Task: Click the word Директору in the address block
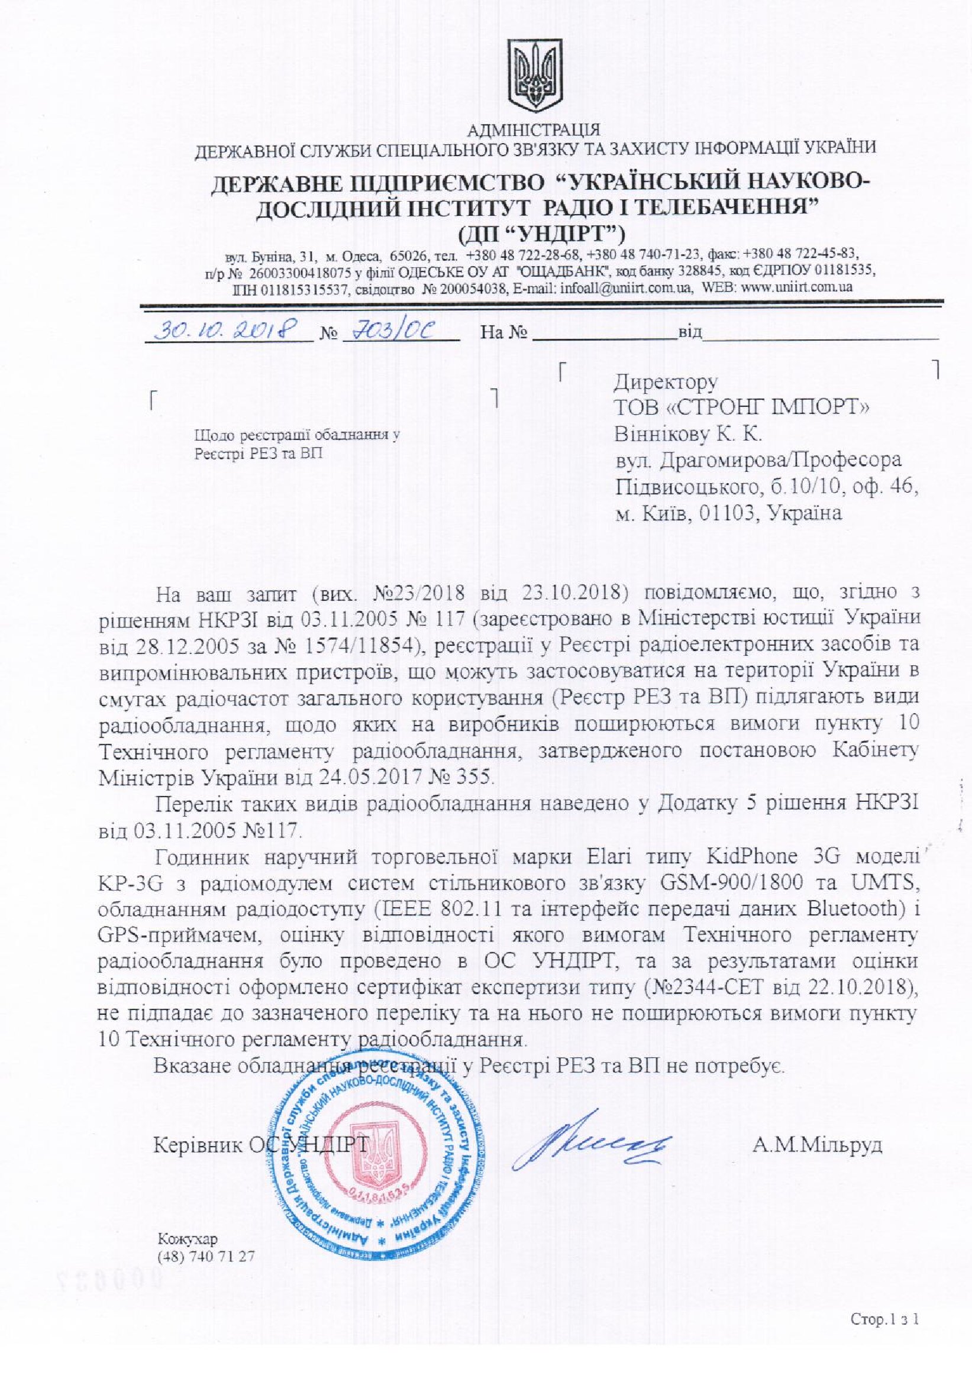tap(666, 381)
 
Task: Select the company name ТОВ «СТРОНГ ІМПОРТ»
tap(741, 407)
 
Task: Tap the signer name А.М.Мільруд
tap(817, 1144)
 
